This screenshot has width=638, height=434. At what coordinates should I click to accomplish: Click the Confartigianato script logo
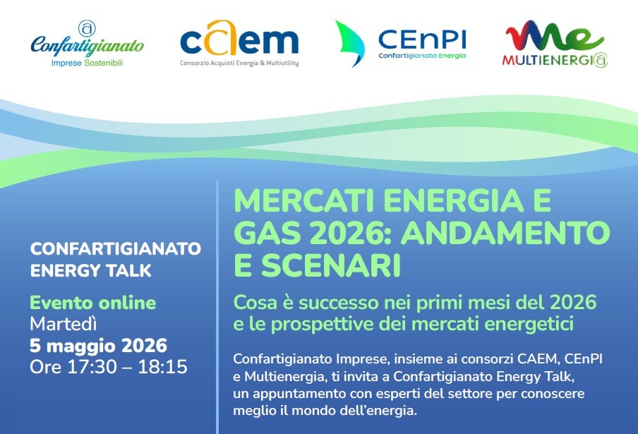click(87, 44)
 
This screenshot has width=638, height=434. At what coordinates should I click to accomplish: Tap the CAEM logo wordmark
click(239, 38)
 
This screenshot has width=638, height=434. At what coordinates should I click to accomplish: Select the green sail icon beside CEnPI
click(350, 44)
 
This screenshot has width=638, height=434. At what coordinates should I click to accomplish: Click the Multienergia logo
click(554, 44)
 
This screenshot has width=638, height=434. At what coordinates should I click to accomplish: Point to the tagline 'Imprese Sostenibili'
click(87, 63)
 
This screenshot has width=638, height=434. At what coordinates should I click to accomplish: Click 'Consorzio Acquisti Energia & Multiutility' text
click(239, 63)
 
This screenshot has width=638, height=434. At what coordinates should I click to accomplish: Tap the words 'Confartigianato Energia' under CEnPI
click(422, 56)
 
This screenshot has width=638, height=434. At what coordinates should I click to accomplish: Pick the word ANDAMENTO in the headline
click(506, 233)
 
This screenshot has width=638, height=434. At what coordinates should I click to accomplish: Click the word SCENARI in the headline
click(331, 265)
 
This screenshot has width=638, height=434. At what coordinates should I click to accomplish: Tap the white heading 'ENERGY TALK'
click(91, 270)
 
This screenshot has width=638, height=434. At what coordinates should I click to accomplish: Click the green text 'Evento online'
click(92, 303)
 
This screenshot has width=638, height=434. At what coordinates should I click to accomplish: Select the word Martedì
click(64, 324)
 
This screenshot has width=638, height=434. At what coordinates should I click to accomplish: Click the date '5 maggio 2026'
click(99, 346)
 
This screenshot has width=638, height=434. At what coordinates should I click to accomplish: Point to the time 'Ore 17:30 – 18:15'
click(109, 367)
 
